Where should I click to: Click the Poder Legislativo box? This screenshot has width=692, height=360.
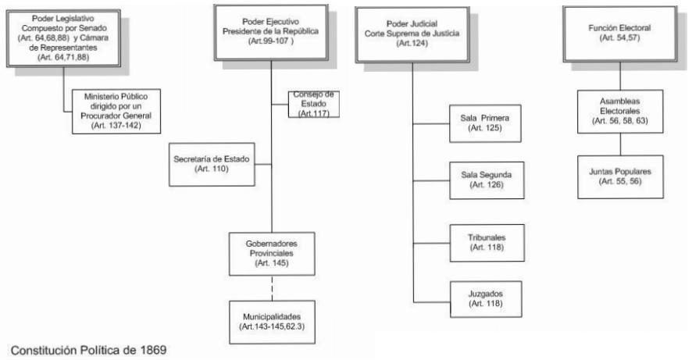pyautogui.click(x=63, y=38)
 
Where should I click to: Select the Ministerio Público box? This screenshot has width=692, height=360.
pyautogui.click(x=116, y=111)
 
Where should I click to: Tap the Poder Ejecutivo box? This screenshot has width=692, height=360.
pyautogui.click(x=271, y=32)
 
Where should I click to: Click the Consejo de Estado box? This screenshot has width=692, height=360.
pyautogui.click(x=314, y=104)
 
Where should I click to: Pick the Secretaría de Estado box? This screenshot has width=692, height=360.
pyautogui.click(x=212, y=164)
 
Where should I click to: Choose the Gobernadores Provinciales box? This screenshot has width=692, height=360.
pyautogui.click(x=272, y=254)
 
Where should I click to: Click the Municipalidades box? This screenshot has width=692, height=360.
pyautogui.click(x=272, y=322)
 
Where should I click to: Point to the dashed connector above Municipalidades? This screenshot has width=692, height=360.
pyautogui.click(x=272, y=288)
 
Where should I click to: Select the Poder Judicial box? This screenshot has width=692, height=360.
pyautogui.click(x=412, y=34)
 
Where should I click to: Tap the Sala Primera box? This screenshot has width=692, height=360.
pyautogui.click(x=485, y=123)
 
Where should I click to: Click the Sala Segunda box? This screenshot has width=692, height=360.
pyautogui.click(x=487, y=180)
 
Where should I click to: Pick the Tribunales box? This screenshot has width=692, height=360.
pyautogui.click(x=487, y=243)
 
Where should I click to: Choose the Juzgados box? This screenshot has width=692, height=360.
pyautogui.click(x=486, y=299)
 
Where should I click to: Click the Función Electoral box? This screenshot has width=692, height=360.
pyautogui.click(x=619, y=34)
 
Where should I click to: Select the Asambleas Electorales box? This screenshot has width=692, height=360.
pyautogui.click(x=620, y=111)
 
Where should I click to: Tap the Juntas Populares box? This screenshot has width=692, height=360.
pyautogui.click(x=620, y=176)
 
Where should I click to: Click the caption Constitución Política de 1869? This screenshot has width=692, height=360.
pyautogui.click(x=89, y=351)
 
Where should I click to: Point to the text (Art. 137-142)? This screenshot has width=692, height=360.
pyautogui.click(x=116, y=125)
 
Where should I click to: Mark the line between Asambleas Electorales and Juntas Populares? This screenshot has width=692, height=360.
pyautogui.click(x=620, y=144)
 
